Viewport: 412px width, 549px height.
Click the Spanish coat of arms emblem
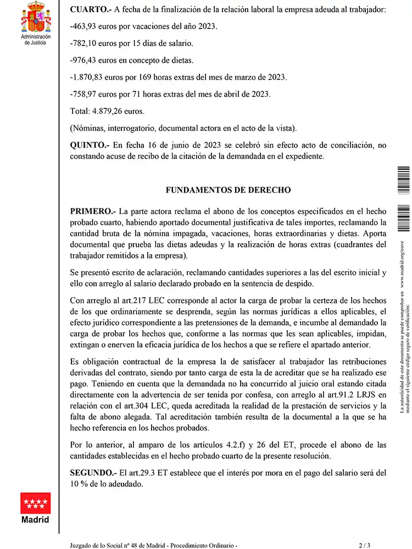tap(35, 17)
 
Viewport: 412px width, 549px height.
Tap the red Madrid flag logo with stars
tap(35, 503)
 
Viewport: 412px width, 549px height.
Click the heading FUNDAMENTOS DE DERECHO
tap(228, 190)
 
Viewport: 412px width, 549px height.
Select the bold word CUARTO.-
tap(90, 9)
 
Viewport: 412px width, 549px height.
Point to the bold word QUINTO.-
tap(90, 146)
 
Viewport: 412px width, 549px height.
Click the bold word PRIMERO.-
tap(93, 212)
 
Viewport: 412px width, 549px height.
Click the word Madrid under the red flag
tap(35, 520)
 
